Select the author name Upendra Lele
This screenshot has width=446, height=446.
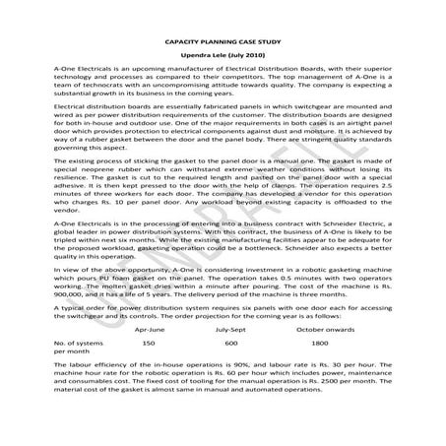pos(208,59)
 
